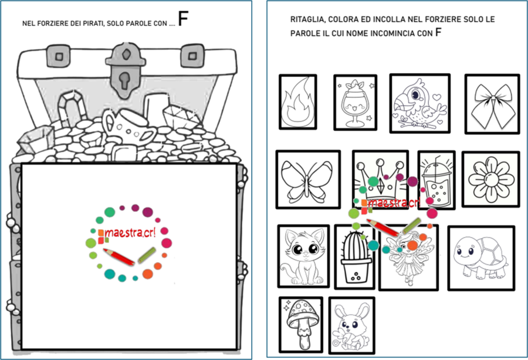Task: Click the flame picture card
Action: tap(297, 102)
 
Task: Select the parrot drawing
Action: tap(420, 103)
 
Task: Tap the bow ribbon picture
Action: tap(492, 104)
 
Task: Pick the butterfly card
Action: tap(308, 179)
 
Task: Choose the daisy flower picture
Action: tap(490, 179)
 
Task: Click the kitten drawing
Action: tap(303, 256)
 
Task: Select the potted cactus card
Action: tap(354, 257)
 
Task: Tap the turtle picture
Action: tap(481, 258)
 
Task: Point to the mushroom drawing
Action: tap(301, 325)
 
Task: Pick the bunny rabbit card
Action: tap(351, 325)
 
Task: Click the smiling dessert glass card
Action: tap(356, 103)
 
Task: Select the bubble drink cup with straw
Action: tap(436, 180)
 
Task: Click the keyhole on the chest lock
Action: tap(124, 80)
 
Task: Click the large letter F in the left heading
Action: tap(183, 19)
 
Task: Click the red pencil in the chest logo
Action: tap(119, 257)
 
